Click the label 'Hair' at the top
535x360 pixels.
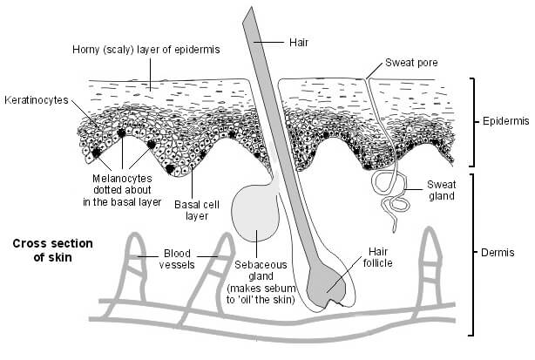coord(299,40)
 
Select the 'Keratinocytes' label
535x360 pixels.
coord(36,99)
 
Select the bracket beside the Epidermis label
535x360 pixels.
coord(471,122)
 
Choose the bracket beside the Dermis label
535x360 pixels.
coord(471,253)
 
